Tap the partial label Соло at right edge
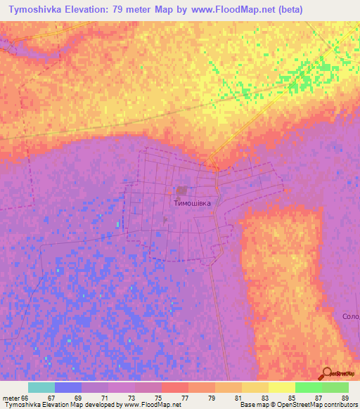pyautogui.click(x=351, y=316)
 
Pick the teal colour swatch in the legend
pyautogui.click(x=41, y=387)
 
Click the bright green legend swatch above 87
pyautogui.click(x=308, y=387)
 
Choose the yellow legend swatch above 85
pyautogui.click(x=281, y=387)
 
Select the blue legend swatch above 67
pyautogui.click(x=68, y=387)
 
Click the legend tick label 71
pyautogui.click(x=94, y=398)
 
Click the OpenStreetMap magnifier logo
pyautogui.click(x=326, y=374)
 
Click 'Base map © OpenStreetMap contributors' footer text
pyautogui.click(x=297, y=405)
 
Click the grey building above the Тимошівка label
pyautogui.click(x=182, y=190)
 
